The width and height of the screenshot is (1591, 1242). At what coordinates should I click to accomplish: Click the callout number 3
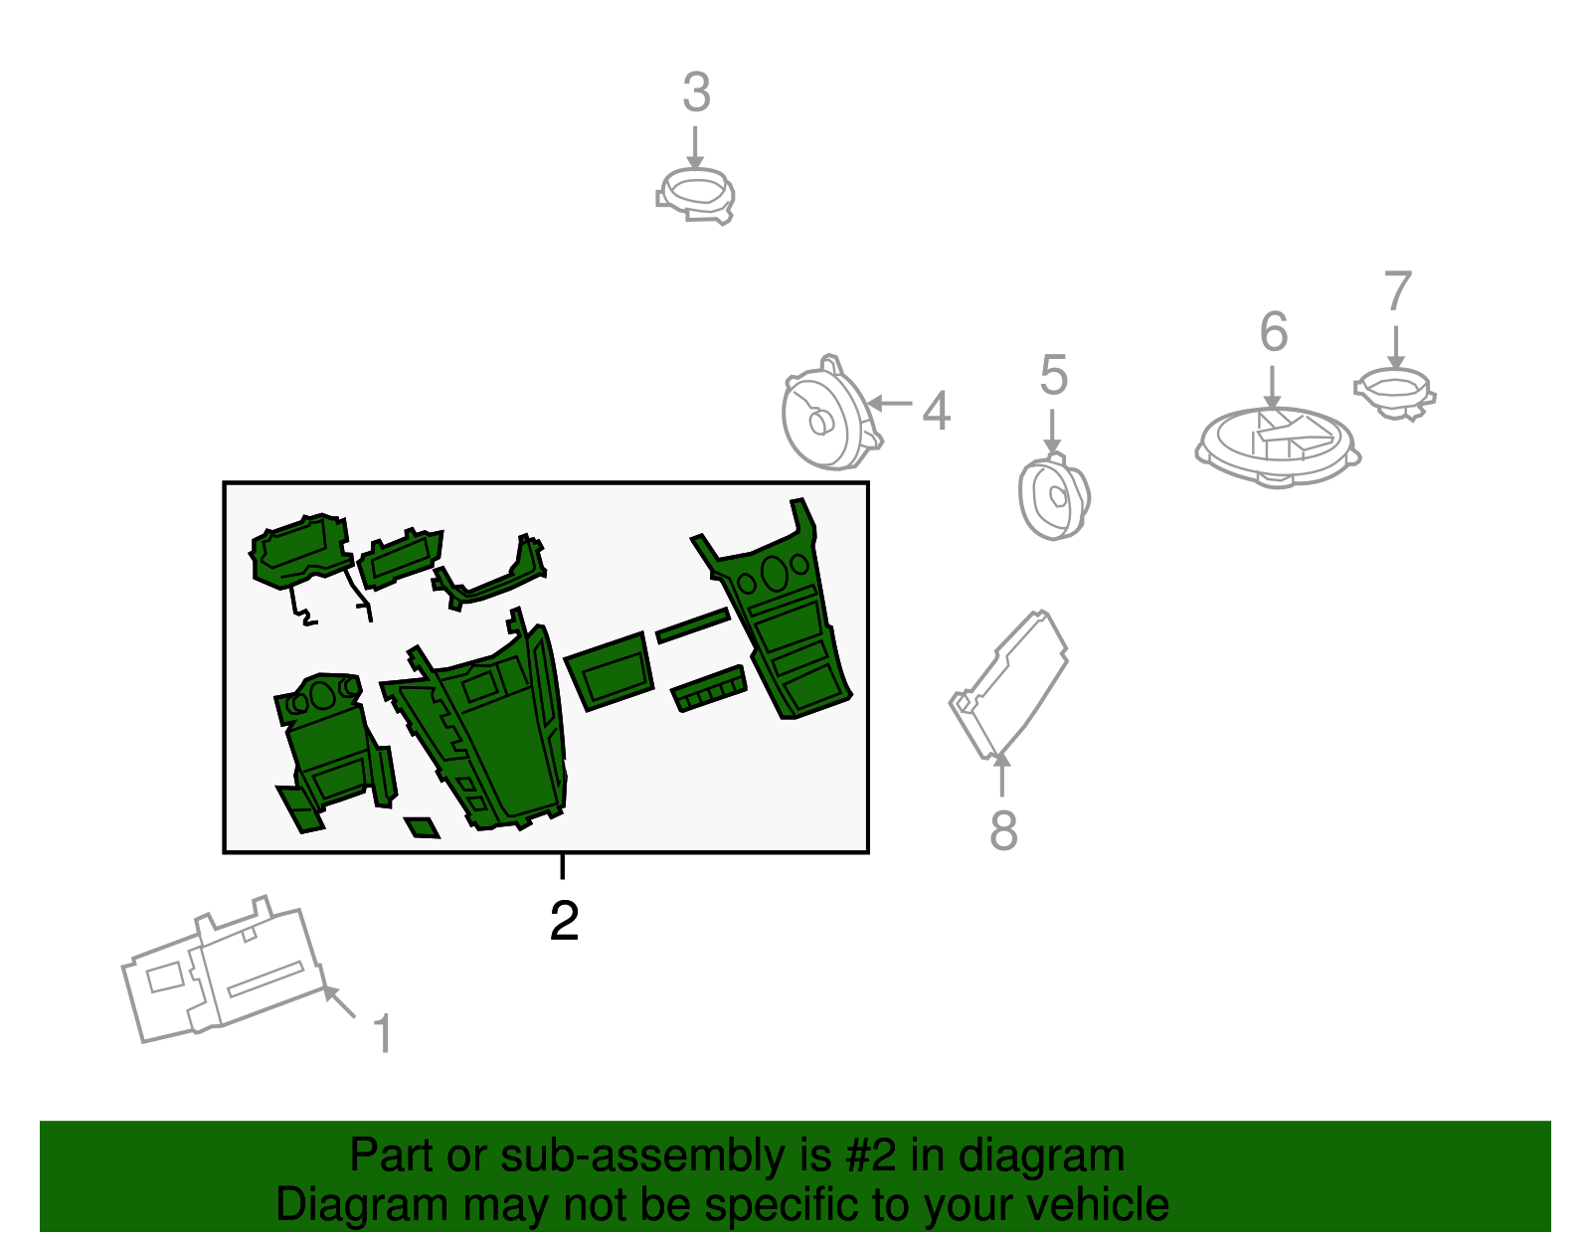pos(696,92)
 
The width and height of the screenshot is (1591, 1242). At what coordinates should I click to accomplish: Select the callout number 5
pos(1054,375)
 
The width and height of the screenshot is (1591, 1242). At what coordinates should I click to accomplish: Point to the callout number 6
pos(1273,331)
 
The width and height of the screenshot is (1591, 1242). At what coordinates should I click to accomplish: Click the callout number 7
pos(1397,290)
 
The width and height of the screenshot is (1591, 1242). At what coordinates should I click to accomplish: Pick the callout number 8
pos(1003,830)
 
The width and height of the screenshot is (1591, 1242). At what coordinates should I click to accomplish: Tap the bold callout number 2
pos(565,921)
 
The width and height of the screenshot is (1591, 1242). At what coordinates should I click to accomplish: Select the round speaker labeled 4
pos(831,415)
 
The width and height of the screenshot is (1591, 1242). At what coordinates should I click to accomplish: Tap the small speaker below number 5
pos(1054,496)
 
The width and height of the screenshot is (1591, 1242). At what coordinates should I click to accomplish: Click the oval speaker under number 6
pos(1278,446)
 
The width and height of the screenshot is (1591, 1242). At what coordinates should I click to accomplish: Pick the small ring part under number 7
pos(1395,394)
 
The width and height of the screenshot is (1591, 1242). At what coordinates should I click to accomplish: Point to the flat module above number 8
pos(1008,683)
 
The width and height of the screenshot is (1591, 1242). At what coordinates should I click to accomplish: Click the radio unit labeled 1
pos(224,968)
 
